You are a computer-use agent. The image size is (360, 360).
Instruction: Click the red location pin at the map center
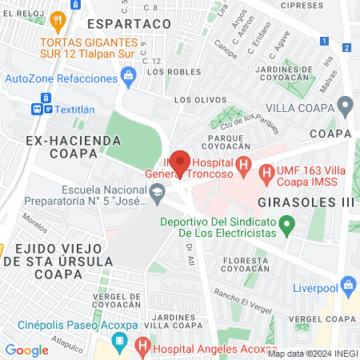coord(180,162)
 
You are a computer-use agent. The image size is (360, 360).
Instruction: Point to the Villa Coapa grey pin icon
coord(346,105)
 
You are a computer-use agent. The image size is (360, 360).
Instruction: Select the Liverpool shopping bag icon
coord(348,284)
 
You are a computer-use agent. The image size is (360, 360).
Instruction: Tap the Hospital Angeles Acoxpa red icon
coord(142,346)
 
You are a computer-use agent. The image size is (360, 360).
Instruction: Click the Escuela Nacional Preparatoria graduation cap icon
coord(158,191)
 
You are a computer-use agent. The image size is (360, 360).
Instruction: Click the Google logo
coord(26,350)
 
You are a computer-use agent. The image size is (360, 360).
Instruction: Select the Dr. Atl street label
coord(190,255)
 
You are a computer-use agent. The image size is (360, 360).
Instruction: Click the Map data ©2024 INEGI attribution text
coord(312,353)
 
